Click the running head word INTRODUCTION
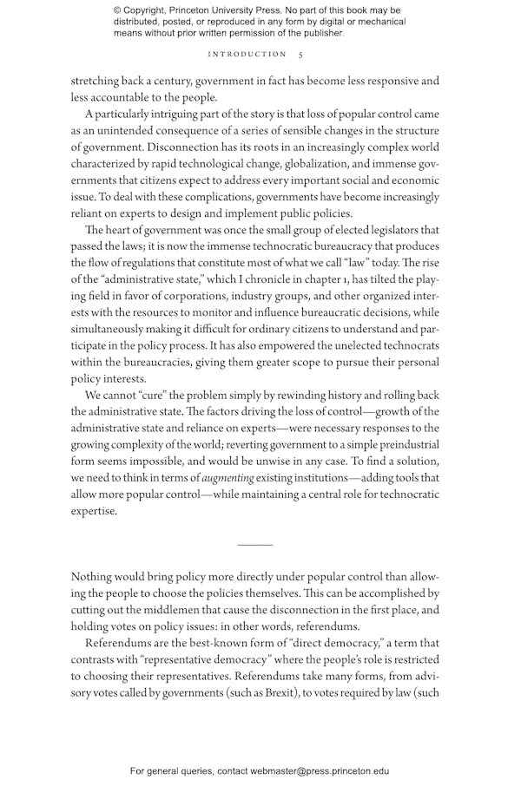247,54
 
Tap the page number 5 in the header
300,54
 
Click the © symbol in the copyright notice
117,10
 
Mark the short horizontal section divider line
254,545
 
